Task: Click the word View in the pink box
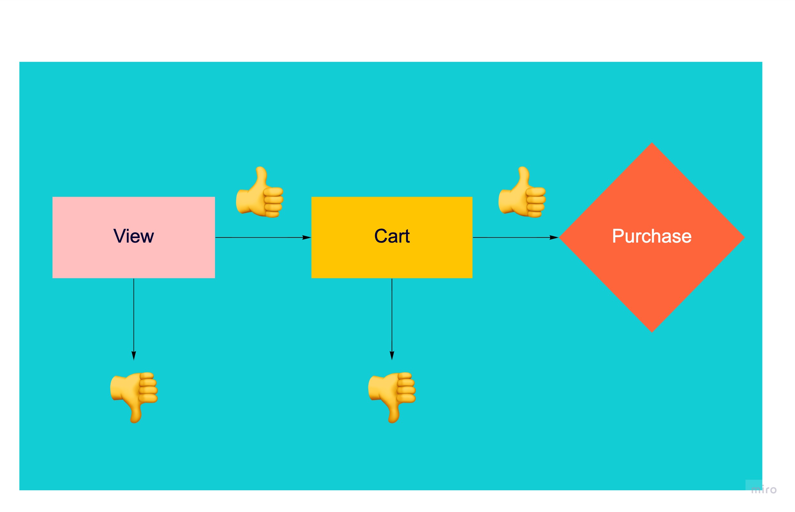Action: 134,237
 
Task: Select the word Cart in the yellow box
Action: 392,237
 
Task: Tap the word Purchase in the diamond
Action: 651,237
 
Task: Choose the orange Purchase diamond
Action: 651,286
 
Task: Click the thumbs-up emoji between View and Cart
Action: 260,192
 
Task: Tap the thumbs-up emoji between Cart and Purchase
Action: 522,192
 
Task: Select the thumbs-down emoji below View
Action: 134,397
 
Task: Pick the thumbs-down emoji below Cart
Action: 392,397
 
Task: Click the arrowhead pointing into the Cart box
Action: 307,237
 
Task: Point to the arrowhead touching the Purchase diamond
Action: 554,237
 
